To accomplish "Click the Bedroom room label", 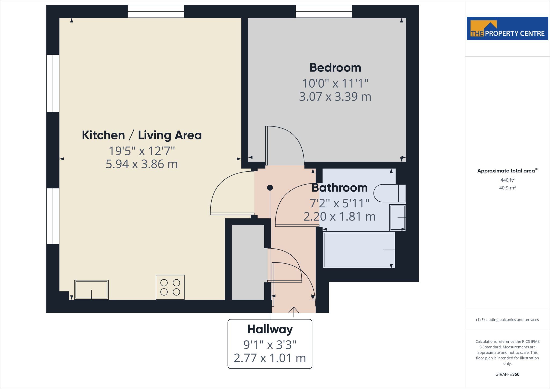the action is [335, 68].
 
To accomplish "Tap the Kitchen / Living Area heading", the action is [142, 135].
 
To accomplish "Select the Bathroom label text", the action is [339, 188].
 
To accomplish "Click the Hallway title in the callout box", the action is [270, 329].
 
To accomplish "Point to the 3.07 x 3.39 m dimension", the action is [335, 97].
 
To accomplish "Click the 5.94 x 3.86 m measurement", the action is [142, 164].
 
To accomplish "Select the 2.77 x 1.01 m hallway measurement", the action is [270, 358].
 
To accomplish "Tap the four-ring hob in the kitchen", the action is [170, 287].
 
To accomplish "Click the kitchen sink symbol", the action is [91, 290].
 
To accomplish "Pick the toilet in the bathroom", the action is [389, 193].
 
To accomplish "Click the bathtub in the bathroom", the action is [359, 250].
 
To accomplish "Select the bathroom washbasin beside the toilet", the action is [397, 218].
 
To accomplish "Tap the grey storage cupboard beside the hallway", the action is [248, 262].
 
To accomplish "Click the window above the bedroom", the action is [324, 12].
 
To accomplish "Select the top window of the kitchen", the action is [156, 12].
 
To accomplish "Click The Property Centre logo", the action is [507, 28].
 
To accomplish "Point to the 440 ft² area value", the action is [507, 180].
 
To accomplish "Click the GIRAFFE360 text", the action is [507, 374].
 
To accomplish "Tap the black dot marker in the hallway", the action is [270, 188].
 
